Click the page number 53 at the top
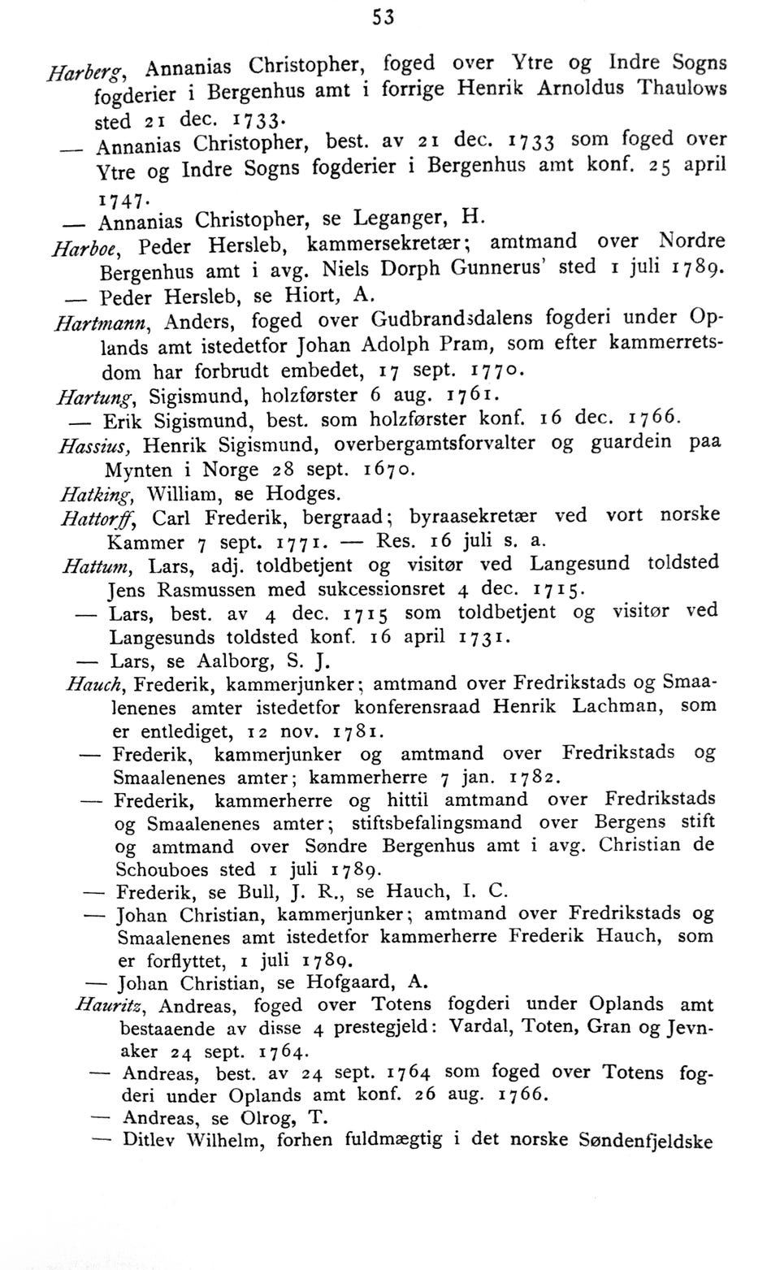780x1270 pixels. (x=383, y=17)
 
